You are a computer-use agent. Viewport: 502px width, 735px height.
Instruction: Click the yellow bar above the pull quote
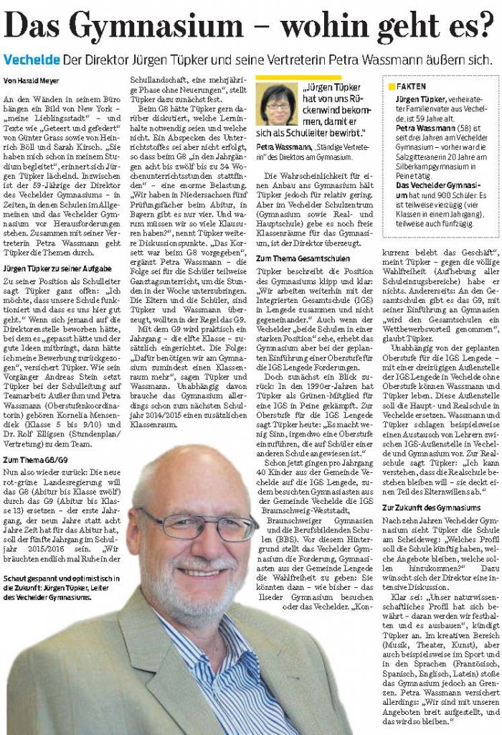(x=290, y=76)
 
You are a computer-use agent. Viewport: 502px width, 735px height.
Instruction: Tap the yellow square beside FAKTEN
(x=392, y=85)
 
